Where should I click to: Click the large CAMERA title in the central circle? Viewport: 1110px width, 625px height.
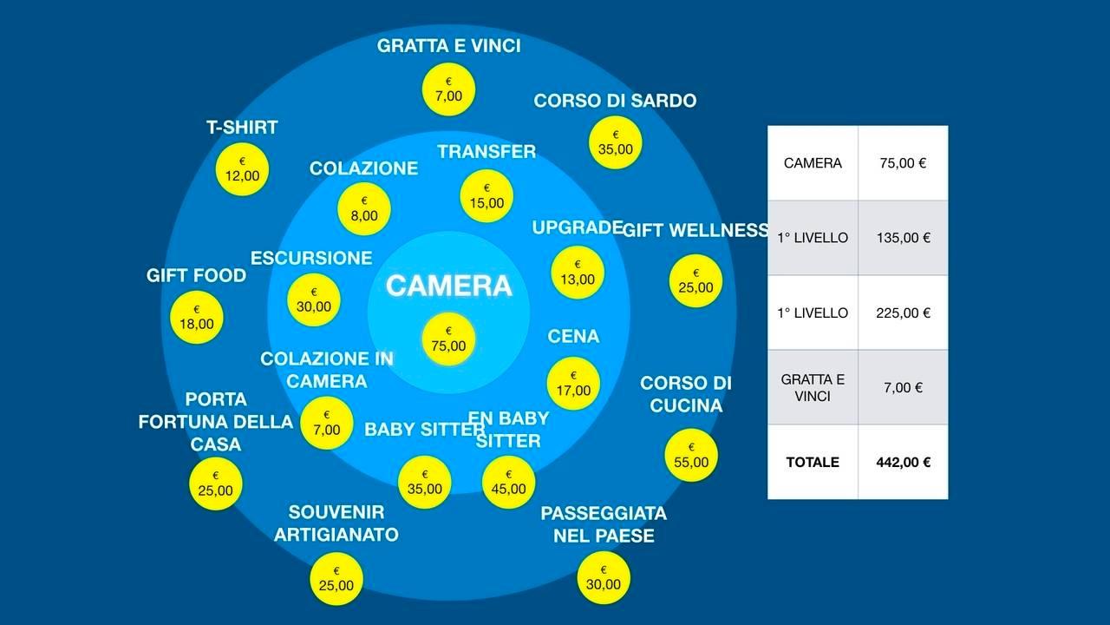tap(448, 286)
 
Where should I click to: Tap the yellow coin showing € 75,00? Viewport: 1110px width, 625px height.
tap(448, 339)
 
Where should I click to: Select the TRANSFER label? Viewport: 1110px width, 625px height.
tap(486, 151)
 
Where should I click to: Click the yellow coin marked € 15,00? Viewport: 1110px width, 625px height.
tap(486, 196)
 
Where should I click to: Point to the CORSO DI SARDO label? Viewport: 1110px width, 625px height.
tap(615, 101)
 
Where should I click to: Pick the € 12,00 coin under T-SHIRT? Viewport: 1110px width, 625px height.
tap(242, 169)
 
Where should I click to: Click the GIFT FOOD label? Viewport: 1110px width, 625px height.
tap(196, 275)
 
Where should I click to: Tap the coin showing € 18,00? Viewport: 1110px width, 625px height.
tap(197, 318)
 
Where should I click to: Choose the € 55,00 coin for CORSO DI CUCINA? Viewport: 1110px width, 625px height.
tap(691, 456)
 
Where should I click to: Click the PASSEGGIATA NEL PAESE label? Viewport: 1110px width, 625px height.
tap(604, 524)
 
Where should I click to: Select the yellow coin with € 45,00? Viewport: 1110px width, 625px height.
tap(508, 482)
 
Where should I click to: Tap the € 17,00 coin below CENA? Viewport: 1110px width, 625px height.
tap(573, 384)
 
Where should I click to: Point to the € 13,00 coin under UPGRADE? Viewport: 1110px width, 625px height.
tap(578, 273)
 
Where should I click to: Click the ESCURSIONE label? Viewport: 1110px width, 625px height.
tap(311, 258)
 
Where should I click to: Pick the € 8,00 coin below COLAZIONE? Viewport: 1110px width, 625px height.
tap(364, 209)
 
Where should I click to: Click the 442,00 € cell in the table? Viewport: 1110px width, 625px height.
tap(903, 462)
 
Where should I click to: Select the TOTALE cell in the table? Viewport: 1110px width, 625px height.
tap(813, 462)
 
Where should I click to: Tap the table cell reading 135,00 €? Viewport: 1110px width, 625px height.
tap(903, 237)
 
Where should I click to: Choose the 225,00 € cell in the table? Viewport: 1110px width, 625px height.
tap(903, 312)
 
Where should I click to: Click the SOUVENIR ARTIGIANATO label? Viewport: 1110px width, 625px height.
tap(336, 523)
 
